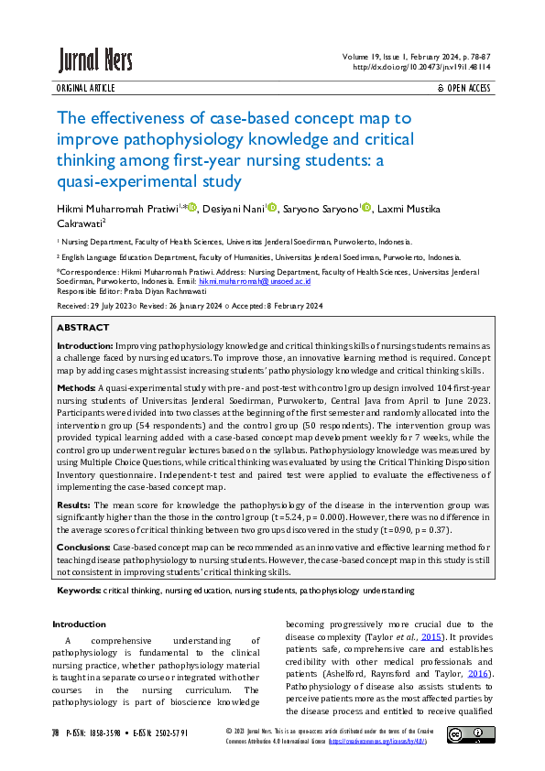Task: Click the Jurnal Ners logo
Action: (95, 60)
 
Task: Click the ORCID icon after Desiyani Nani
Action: (270, 207)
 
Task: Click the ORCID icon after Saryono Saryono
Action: (366, 207)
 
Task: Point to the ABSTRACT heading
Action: (82, 327)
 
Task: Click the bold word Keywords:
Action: (80, 591)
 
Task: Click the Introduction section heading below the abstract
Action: (79, 624)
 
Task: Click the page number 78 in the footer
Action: (56, 733)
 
